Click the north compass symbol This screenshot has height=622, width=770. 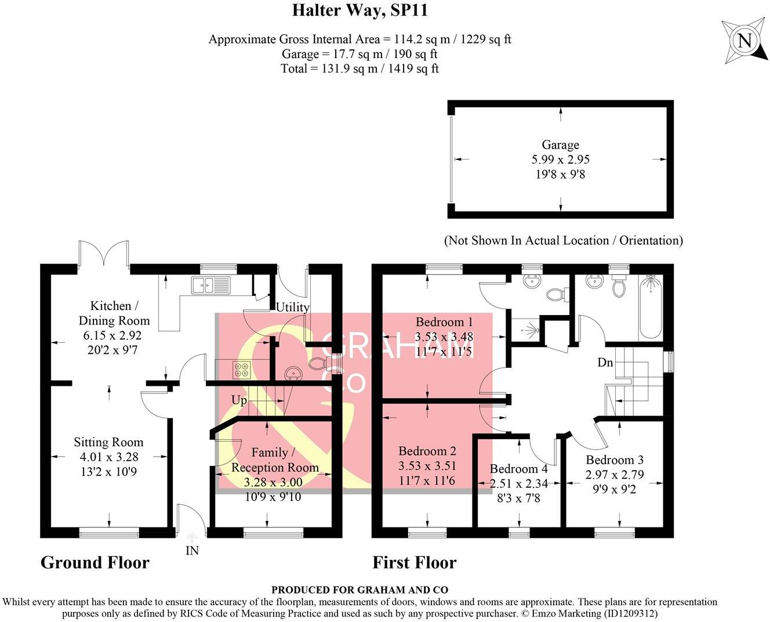(744, 41)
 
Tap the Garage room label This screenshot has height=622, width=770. (560, 145)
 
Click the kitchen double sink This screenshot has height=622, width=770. (211, 285)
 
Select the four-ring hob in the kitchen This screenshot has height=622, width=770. (242, 370)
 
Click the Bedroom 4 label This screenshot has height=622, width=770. (518, 469)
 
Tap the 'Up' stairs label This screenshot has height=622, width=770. (239, 400)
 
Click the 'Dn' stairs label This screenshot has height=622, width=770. (605, 363)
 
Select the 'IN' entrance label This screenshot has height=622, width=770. (192, 550)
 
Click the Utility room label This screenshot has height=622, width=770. (292, 308)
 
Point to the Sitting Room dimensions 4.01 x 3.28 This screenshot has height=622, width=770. (108, 457)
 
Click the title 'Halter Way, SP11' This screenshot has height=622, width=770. (359, 10)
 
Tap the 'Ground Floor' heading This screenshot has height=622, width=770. (95, 562)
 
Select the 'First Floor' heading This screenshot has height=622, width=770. (414, 562)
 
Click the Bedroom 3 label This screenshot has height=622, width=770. (614, 460)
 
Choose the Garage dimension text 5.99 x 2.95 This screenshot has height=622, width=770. (560, 160)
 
